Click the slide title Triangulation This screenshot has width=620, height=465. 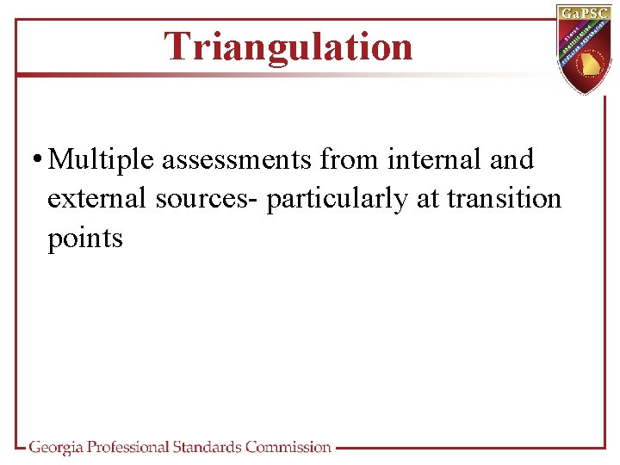click(288, 46)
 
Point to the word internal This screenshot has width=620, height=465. click(437, 159)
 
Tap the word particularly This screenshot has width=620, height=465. click(338, 200)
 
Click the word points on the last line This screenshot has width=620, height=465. click(85, 239)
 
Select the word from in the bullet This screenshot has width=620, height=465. click(350, 159)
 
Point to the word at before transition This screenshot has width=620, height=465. click(428, 199)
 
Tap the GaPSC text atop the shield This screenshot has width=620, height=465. click(586, 13)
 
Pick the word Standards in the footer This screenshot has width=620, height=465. click(207, 447)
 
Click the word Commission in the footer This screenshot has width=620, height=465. click(288, 447)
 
